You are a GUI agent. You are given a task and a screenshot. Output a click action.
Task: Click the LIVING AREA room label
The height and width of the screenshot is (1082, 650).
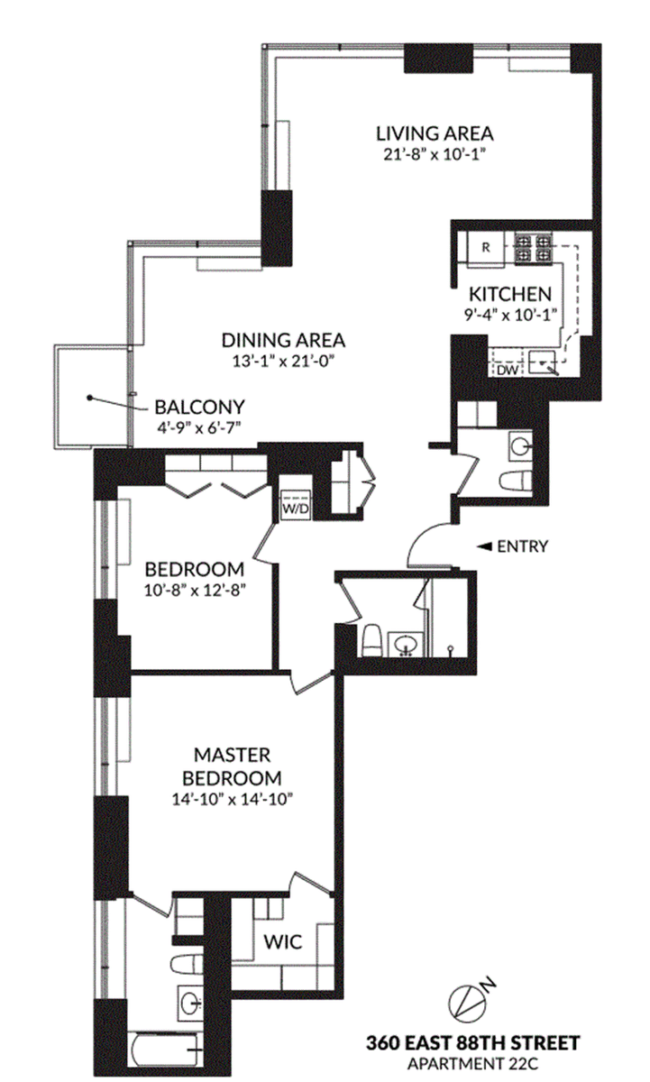click(x=435, y=133)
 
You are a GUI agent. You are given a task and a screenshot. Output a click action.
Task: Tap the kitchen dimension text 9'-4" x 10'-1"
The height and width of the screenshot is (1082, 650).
click(x=510, y=315)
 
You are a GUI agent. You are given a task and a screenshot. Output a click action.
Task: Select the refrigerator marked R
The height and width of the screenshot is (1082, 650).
click(x=486, y=247)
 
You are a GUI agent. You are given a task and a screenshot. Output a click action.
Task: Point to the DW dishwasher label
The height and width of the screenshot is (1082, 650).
click(x=508, y=371)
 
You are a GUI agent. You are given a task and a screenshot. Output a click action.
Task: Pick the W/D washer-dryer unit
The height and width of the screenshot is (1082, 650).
click(x=296, y=505)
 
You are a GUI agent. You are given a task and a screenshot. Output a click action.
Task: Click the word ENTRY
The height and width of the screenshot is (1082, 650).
click(x=523, y=546)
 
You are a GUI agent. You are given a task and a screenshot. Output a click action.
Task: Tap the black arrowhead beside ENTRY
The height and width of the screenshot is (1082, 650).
click(x=484, y=546)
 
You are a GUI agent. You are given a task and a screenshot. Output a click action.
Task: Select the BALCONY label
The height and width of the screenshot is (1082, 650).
click(x=199, y=408)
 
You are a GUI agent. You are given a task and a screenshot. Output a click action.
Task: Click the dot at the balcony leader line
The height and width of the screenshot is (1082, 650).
click(x=89, y=398)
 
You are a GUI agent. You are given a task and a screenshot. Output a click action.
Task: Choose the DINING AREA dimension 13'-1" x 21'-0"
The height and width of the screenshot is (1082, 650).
click(x=283, y=362)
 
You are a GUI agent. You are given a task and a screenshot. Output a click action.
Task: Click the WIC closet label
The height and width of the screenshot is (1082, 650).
click(x=283, y=941)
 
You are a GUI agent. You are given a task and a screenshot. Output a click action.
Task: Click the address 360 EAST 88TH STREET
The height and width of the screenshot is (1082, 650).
click(x=472, y=1043)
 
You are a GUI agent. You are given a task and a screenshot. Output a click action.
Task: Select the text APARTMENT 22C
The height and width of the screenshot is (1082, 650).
click(x=472, y=1064)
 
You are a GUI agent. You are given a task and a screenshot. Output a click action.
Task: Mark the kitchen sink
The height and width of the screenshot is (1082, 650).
click(x=544, y=362)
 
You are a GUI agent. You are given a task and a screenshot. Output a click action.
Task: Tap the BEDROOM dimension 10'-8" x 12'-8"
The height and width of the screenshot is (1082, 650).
click(x=195, y=591)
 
